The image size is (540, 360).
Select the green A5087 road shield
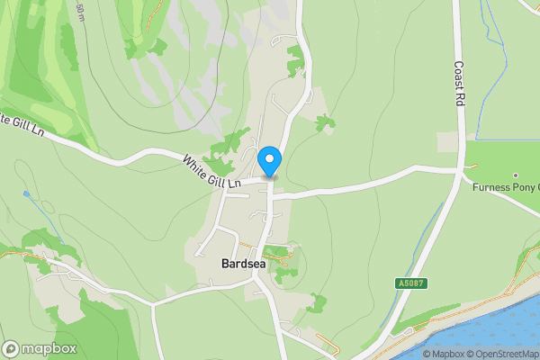[409, 283]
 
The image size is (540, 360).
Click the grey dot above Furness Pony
[516, 175]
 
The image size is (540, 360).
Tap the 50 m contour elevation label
[81, 11]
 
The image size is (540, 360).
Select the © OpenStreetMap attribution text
[504, 354]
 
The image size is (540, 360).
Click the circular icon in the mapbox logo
[12, 349]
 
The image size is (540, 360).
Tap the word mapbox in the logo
[49, 349]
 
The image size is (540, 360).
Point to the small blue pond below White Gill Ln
[27, 193]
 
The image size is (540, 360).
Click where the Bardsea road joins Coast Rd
[461, 168]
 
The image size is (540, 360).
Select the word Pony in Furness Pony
[525, 188]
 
